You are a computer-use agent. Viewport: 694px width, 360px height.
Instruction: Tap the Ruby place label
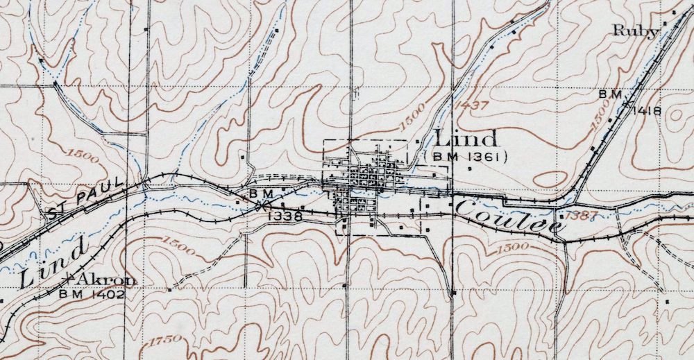click(x=636, y=31)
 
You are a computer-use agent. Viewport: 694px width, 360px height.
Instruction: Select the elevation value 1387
click(x=580, y=215)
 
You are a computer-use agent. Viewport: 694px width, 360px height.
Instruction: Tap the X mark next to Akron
click(x=68, y=279)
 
